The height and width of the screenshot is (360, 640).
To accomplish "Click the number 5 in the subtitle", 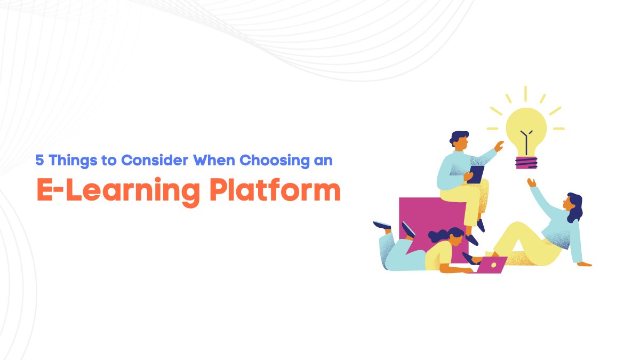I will coord(39,159).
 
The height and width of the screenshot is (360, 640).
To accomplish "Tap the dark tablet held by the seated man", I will coord(476,174).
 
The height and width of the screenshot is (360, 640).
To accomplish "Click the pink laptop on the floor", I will coord(491,265).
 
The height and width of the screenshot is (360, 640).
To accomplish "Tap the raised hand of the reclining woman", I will coord(531,182).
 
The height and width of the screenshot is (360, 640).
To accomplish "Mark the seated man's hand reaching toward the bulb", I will coord(499,146).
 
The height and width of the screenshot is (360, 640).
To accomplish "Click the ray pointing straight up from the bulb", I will coord(525,94).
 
